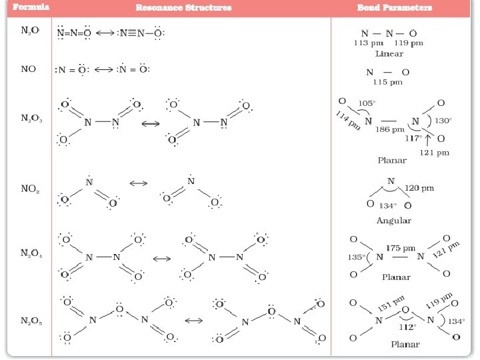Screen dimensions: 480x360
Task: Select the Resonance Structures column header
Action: [184, 8]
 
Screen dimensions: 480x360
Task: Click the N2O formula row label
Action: [29, 32]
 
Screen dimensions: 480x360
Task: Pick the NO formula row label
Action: [29, 69]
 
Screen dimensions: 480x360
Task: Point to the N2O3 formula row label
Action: [31, 119]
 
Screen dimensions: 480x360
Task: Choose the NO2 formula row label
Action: [30, 189]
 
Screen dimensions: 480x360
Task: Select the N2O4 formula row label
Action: [31, 253]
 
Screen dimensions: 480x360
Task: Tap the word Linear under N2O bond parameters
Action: [389, 53]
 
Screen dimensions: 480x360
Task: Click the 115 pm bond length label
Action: [388, 82]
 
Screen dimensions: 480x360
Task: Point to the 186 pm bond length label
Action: [390, 129]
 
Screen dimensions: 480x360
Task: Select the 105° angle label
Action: [367, 104]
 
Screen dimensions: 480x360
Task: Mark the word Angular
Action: [393, 220]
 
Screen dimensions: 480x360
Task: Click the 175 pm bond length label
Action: [401, 247]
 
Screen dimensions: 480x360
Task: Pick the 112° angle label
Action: [407, 327]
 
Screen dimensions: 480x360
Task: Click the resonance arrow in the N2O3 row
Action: [152, 123]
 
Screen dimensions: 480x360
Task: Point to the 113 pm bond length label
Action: [366, 43]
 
